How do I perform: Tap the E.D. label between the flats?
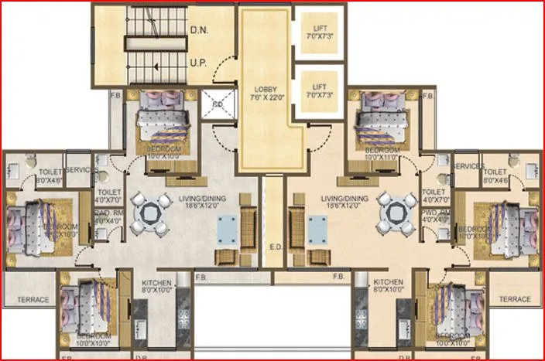tap(275, 248)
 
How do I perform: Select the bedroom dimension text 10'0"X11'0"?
tap(381, 157)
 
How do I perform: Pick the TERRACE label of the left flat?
tap(33, 299)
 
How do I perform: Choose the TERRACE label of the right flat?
tap(515, 299)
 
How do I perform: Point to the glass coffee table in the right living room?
tap(317, 228)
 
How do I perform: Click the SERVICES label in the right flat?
tap(468, 167)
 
